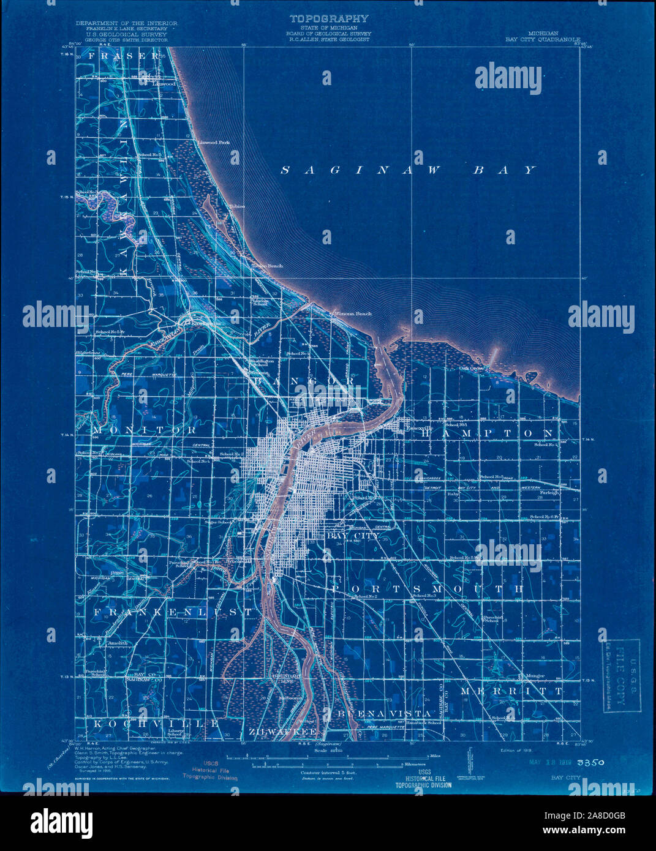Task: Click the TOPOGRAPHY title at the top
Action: [x=329, y=19]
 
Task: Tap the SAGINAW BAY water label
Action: [x=409, y=170]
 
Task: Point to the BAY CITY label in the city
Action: [x=352, y=536]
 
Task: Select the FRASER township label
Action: [x=126, y=56]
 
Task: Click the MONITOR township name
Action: [x=145, y=430]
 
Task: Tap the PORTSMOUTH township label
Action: [x=428, y=589]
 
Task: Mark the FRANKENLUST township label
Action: [x=173, y=612]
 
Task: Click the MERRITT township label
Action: [x=511, y=691]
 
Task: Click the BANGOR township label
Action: [x=304, y=381]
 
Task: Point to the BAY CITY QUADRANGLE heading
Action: [x=543, y=39]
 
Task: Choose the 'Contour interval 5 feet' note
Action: [x=328, y=773]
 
